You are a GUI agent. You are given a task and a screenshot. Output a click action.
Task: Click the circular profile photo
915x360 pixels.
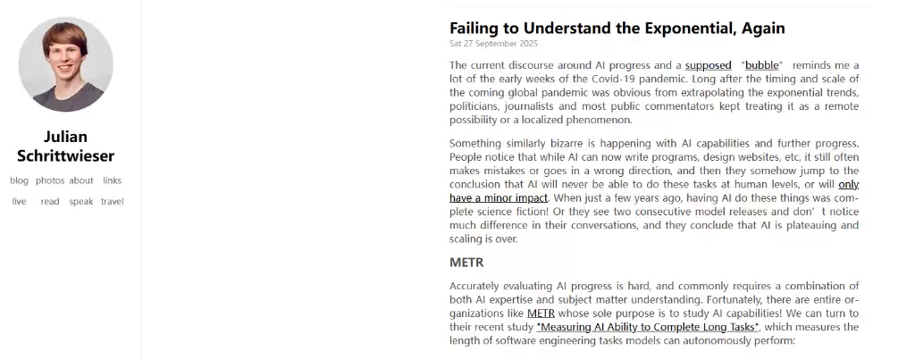65,64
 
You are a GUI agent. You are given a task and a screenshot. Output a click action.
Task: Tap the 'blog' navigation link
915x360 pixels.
19,180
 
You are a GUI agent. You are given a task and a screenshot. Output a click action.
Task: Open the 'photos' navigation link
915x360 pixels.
50,180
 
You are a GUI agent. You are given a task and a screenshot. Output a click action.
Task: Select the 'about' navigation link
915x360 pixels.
81,180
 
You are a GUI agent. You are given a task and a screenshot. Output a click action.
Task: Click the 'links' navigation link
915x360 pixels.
112,180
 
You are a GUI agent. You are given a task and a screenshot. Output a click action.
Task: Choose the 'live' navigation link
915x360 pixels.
19,202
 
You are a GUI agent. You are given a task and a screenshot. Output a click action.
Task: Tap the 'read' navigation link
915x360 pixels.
50,202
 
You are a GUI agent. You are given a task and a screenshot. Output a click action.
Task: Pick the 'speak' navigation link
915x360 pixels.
81,202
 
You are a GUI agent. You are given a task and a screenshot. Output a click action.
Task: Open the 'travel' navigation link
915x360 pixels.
113,202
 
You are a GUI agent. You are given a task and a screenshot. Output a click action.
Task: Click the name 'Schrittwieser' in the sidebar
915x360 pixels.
65,156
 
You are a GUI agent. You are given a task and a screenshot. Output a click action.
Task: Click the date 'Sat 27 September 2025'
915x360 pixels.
493,43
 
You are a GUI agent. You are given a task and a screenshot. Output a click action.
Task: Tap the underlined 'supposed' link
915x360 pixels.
708,65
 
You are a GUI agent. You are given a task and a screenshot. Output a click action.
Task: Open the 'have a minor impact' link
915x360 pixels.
499,197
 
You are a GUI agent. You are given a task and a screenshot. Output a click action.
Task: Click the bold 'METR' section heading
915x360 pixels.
466,263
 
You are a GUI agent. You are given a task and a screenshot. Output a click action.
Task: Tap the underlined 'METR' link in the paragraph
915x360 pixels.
541,314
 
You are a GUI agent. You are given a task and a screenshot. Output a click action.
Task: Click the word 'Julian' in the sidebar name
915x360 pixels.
65,137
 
